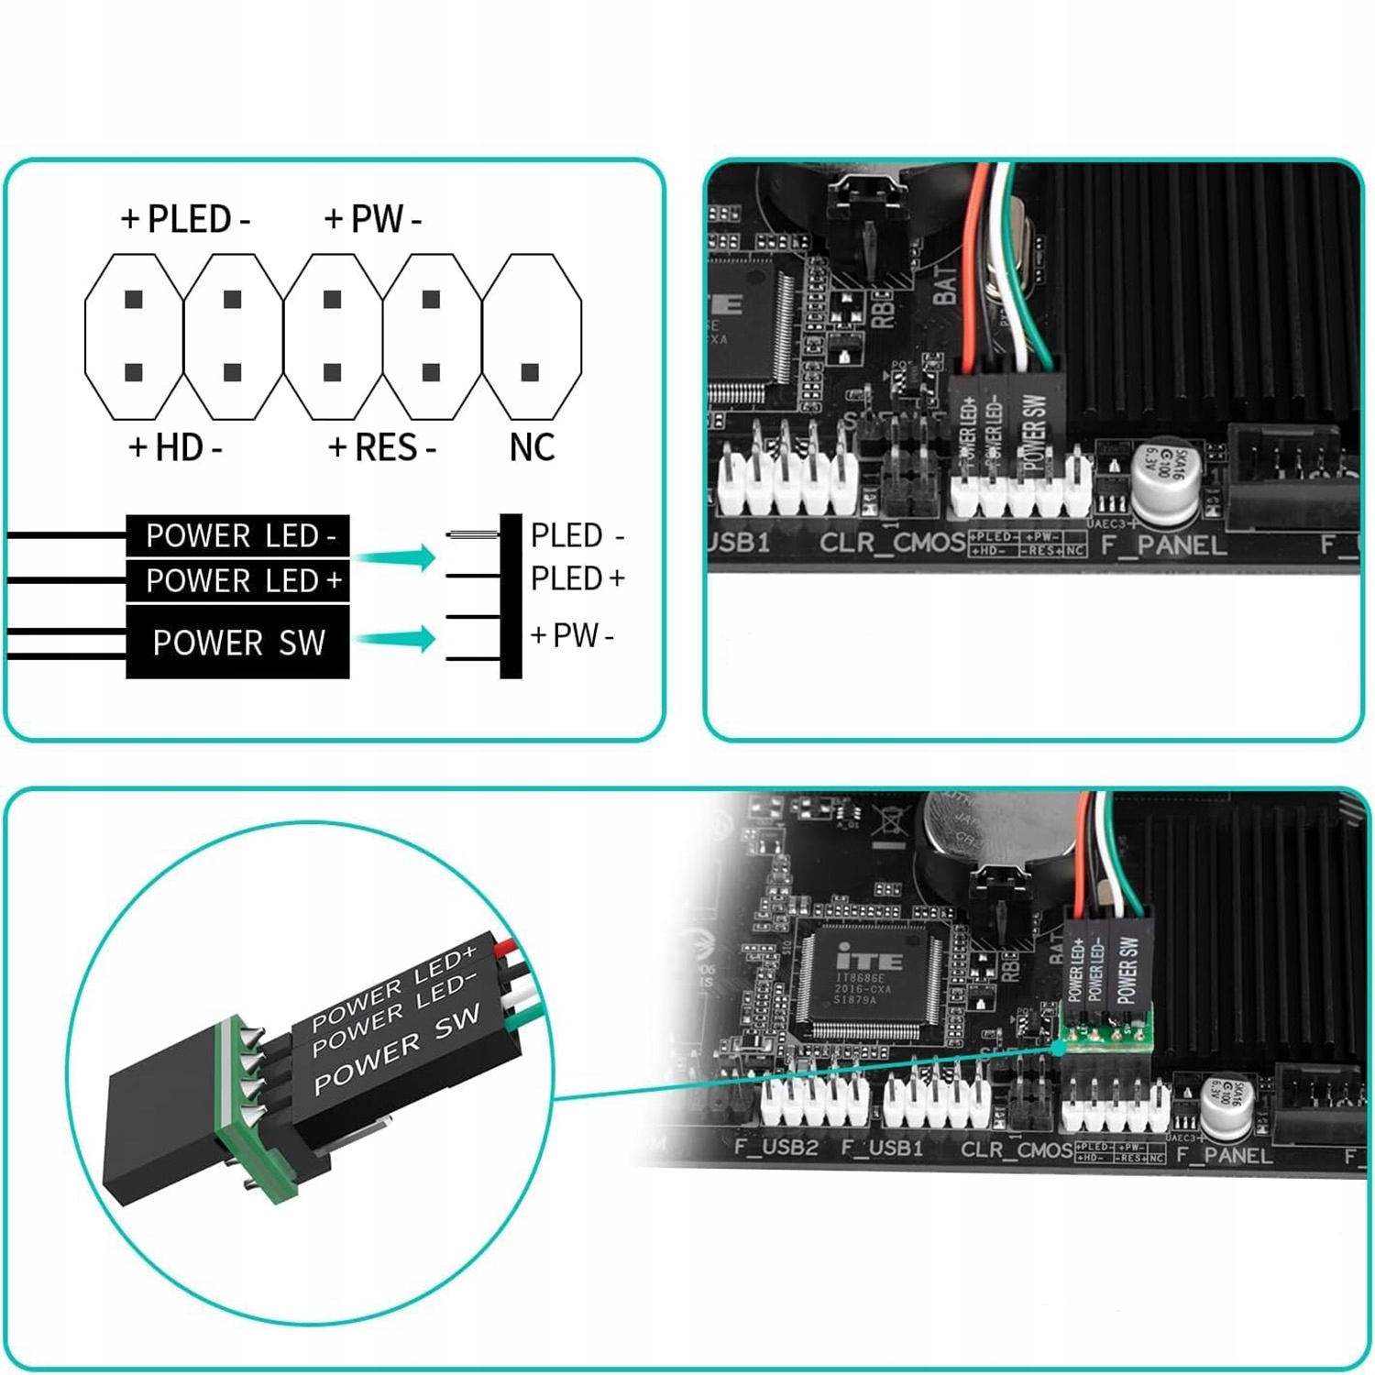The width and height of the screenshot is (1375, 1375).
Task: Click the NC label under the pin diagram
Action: click(x=532, y=447)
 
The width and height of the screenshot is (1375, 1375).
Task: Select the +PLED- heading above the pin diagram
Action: click(x=186, y=219)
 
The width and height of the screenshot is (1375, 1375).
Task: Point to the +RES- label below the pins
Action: click(x=382, y=447)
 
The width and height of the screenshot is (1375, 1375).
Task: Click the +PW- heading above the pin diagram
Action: click(x=373, y=219)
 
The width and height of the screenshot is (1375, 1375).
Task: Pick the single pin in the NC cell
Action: click(x=530, y=372)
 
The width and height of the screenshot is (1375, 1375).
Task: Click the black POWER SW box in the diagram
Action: click(x=238, y=642)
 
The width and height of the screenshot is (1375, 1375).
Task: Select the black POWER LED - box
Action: click(x=238, y=535)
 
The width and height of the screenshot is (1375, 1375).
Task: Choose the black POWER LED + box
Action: click(x=238, y=580)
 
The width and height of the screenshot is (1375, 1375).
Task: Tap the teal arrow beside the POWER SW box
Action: click(x=396, y=639)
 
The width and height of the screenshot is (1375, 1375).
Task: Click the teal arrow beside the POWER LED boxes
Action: click(x=396, y=556)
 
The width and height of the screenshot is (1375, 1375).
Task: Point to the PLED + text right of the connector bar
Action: click(x=577, y=578)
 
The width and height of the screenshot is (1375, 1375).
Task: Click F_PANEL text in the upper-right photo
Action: click(x=1163, y=545)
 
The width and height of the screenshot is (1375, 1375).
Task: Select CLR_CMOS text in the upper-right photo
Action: click(x=892, y=543)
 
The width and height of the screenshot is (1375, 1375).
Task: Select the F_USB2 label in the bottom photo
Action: click(x=776, y=1148)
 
